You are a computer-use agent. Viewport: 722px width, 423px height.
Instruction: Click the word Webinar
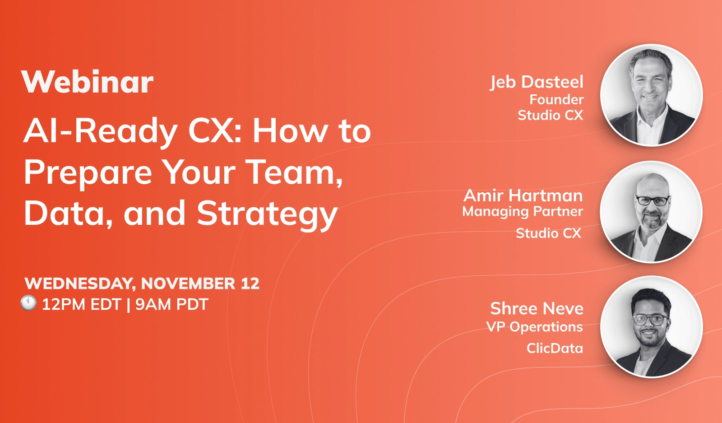[88, 82]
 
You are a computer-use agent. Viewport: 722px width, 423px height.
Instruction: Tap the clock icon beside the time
[28, 303]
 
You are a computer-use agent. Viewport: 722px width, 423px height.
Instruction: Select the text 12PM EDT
[81, 305]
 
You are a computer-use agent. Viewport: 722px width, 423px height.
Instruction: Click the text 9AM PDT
[171, 305]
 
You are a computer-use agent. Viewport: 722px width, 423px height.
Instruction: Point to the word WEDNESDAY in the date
[80, 284]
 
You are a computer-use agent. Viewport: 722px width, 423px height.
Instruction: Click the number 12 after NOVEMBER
[250, 284]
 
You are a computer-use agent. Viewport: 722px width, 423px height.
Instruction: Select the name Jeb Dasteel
[537, 82]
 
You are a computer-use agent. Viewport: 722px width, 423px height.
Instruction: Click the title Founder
[556, 99]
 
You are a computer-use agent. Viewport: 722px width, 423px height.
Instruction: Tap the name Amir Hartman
[523, 195]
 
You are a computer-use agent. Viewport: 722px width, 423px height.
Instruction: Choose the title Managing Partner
[523, 212]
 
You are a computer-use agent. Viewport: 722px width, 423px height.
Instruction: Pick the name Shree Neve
[537, 309]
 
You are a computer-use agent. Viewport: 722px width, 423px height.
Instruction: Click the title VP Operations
[534, 327]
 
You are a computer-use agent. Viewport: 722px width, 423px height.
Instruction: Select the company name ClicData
[555, 349]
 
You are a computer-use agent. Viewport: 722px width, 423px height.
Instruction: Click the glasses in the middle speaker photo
[652, 200]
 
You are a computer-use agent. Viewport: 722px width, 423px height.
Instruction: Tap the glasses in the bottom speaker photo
[650, 320]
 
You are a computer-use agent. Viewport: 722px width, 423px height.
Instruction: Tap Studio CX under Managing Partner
[548, 233]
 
